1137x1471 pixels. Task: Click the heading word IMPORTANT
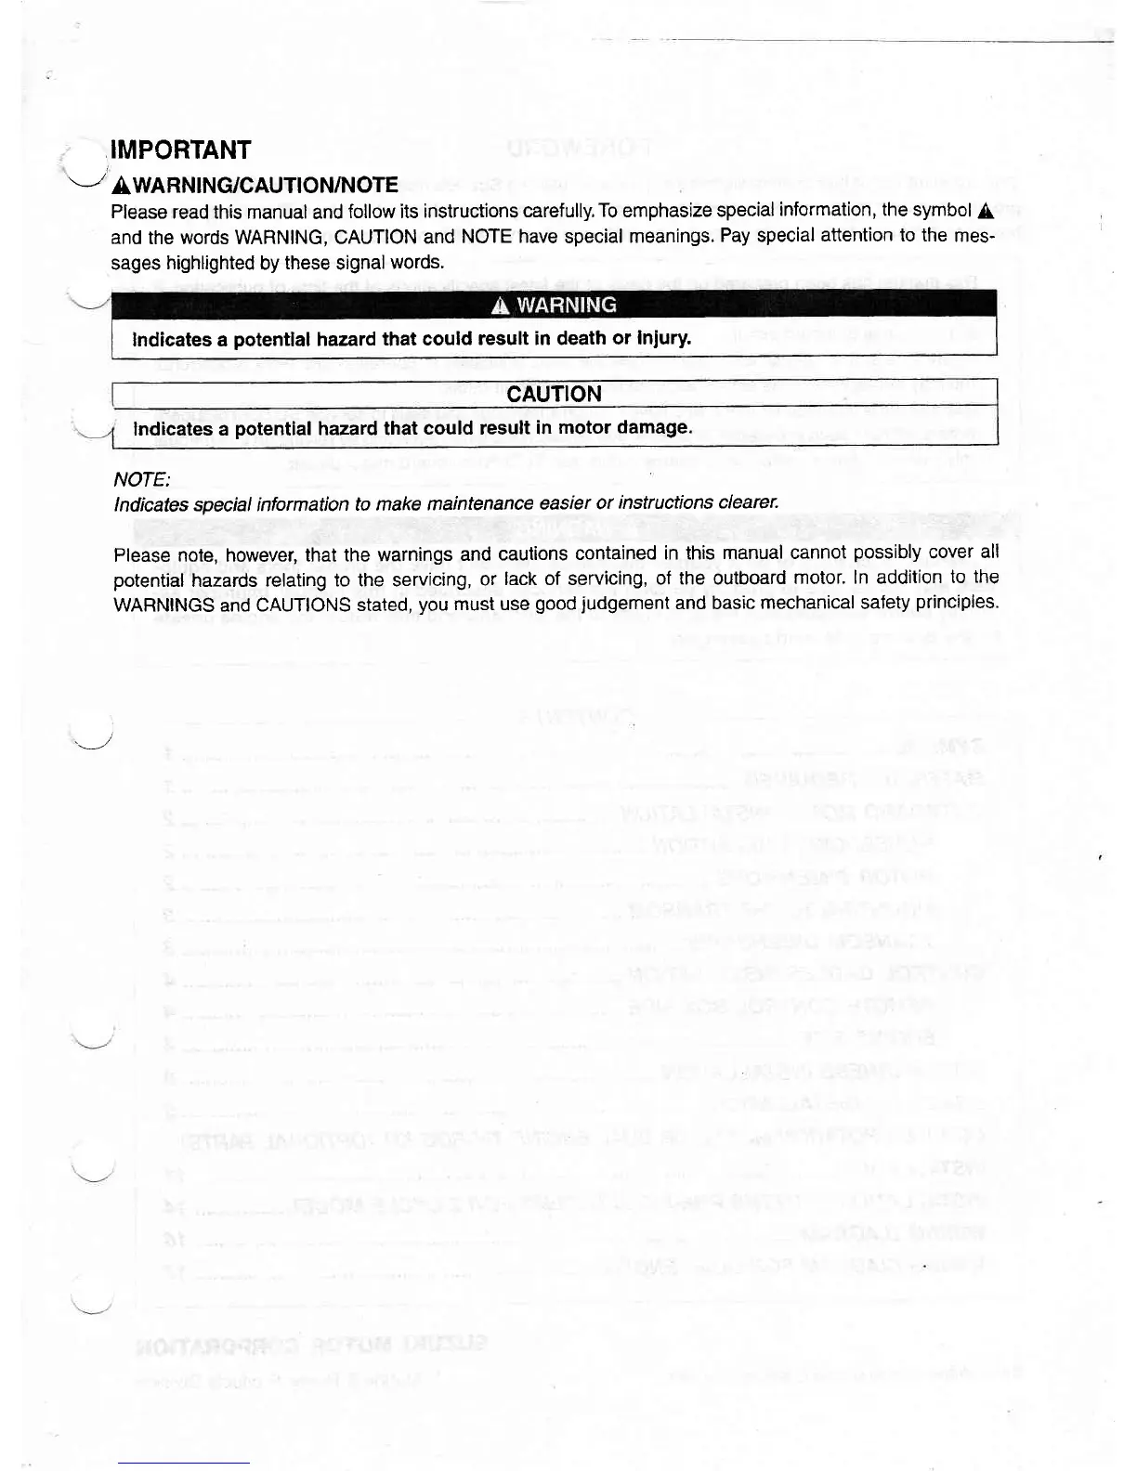click(x=180, y=150)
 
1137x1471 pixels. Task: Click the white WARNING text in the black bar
click(x=566, y=305)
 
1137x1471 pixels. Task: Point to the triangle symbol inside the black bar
click(x=502, y=306)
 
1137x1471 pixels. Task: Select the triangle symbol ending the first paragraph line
click(x=986, y=210)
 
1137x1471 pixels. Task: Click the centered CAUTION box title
click(x=554, y=394)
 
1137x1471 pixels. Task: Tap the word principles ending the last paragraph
click(x=958, y=603)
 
